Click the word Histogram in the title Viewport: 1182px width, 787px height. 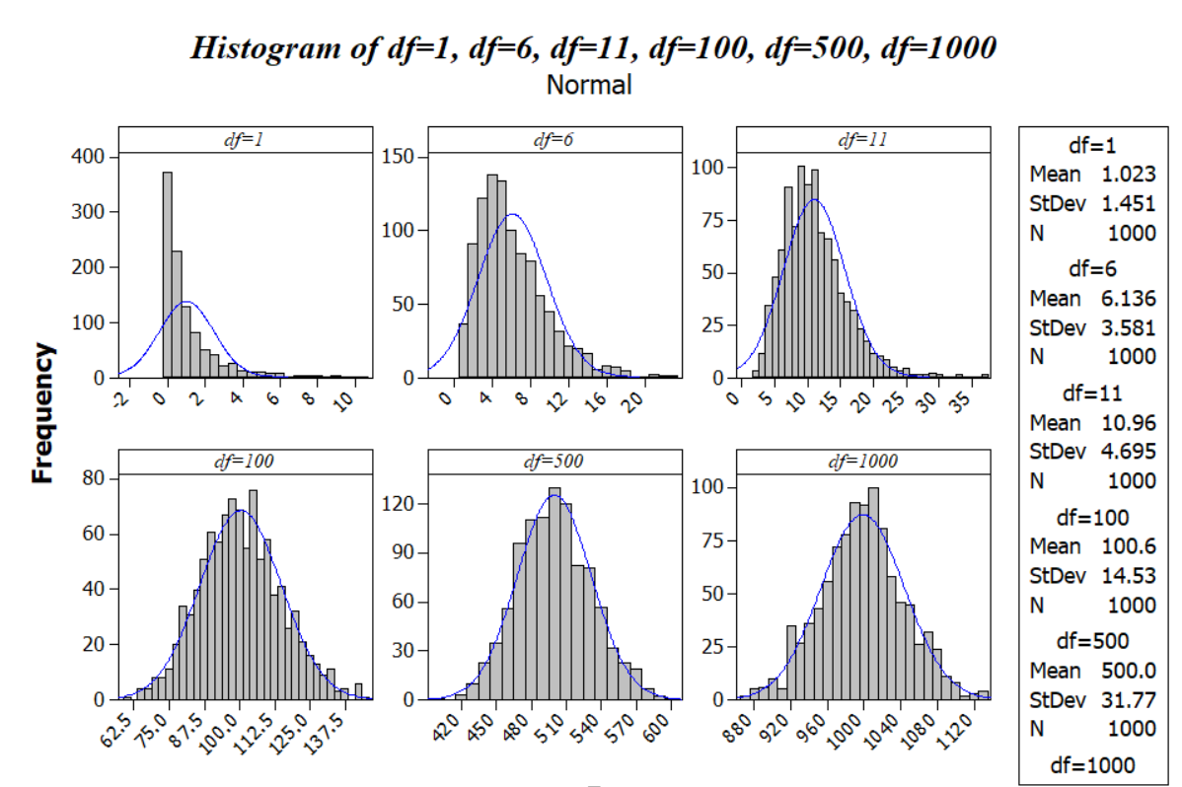pyautogui.click(x=260, y=46)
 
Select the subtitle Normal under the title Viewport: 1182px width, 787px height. pyautogui.click(x=589, y=85)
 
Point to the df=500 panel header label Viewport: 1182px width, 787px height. pyautogui.click(x=554, y=462)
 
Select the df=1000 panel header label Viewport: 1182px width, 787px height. pyautogui.click(x=863, y=462)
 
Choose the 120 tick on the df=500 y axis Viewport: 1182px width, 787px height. pyautogui.click(x=403, y=504)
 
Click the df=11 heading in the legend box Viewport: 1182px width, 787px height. pyautogui.click(x=1091, y=392)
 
